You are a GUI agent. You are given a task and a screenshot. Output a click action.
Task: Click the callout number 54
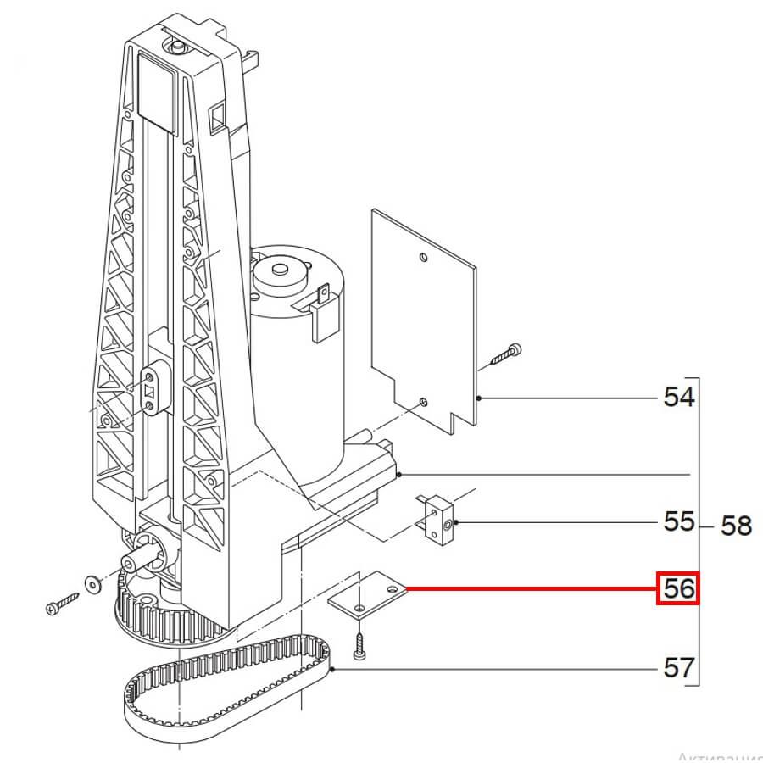(678, 397)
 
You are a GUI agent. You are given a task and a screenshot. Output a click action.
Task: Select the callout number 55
(678, 521)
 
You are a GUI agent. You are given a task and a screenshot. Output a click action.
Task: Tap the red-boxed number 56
(678, 588)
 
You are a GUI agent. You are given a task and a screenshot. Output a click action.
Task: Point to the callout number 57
(678, 668)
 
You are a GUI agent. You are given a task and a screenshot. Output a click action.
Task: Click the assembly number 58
(736, 526)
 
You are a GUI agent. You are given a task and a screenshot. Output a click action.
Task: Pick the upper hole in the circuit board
(423, 256)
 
